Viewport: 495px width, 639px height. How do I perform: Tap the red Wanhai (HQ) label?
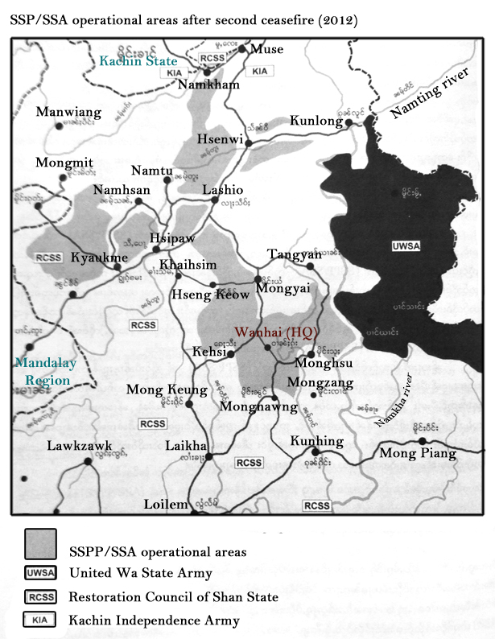[268, 331]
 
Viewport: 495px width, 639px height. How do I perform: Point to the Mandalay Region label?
[45, 371]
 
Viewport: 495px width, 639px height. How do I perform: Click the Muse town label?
[267, 50]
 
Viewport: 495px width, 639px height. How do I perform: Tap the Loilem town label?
[165, 505]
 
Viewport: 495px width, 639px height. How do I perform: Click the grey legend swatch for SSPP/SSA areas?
[40, 543]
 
